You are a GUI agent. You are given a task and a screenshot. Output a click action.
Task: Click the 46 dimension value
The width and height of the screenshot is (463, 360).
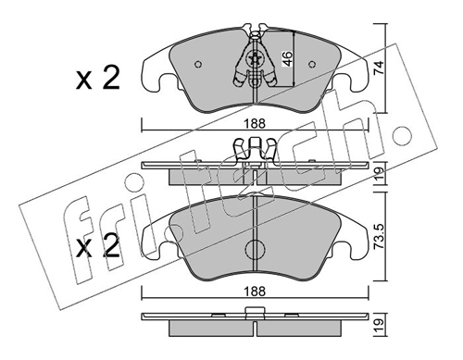[x=287, y=59]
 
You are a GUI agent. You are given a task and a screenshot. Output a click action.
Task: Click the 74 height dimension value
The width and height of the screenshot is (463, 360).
[x=379, y=68]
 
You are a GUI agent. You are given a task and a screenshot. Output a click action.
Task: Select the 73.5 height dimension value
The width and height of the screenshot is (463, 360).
[x=379, y=237]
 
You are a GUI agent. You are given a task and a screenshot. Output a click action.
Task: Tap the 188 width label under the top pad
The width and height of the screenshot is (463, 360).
[x=255, y=124]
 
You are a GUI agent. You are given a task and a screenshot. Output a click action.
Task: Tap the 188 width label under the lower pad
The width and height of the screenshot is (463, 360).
[x=255, y=291]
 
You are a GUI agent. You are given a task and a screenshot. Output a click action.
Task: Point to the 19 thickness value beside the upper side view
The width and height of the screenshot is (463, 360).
[x=379, y=173]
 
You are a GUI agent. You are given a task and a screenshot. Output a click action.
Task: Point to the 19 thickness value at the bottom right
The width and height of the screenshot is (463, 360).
[x=379, y=324]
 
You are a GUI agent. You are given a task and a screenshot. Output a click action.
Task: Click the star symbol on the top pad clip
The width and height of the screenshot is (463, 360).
[x=255, y=59]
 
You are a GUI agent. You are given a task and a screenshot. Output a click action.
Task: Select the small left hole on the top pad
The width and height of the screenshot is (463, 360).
[x=198, y=64]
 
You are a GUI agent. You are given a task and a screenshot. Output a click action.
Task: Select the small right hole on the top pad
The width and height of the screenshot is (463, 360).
[x=312, y=64]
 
